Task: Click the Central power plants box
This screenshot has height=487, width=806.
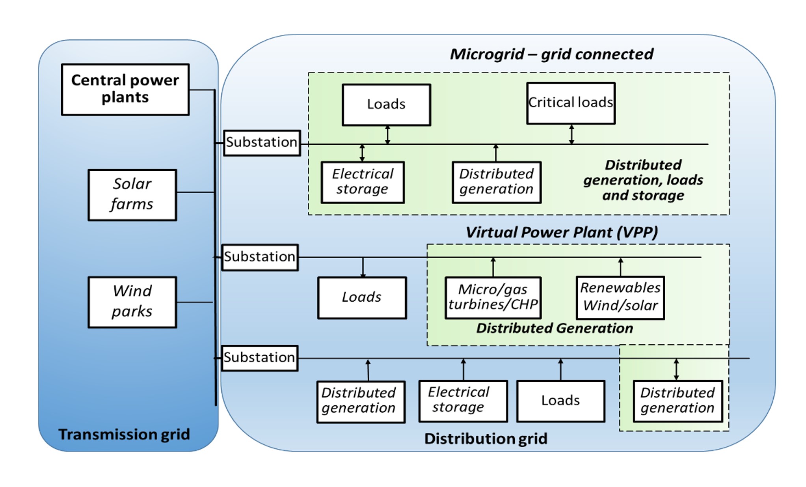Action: point(125,90)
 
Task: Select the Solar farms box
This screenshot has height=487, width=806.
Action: point(132,195)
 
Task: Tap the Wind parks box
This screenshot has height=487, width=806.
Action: point(132,302)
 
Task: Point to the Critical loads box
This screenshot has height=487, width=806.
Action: point(570,103)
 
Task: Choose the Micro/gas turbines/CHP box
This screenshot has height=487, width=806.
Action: point(493,298)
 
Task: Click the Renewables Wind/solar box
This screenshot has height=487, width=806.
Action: point(620,298)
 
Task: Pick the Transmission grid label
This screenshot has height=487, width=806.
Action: point(124,434)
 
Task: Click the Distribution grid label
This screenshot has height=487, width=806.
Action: point(486,438)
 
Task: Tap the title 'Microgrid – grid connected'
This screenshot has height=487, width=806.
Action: point(551,54)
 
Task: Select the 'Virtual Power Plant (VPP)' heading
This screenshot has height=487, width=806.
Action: point(561,232)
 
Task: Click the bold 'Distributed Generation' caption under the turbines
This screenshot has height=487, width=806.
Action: point(554,328)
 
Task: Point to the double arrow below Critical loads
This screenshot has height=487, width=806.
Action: point(571,134)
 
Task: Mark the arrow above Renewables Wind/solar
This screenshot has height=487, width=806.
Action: point(620,267)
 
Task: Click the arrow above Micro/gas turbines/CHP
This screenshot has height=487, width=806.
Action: point(493,267)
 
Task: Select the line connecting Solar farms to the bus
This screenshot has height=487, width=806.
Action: point(195,192)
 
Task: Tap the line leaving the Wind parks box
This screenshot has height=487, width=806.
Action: point(195,302)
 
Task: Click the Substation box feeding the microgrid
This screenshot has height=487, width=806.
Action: point(262,143)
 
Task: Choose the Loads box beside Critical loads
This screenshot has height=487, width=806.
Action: point(386,105)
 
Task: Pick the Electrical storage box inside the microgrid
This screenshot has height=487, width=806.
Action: point(362,182)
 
